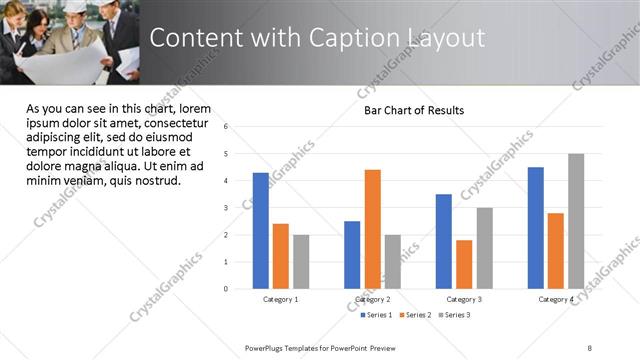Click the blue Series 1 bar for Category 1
pos(260,230)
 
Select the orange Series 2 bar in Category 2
pos(372,229)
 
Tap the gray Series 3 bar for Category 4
pos(576,221)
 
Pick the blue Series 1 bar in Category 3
pos(444,241)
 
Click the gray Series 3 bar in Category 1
pos(301,262)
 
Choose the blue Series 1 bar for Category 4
pos(536,228)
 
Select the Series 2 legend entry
pos(415,315)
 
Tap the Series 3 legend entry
pos(455,315)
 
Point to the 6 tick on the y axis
pos(226,127)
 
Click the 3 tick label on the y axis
pos(226,208)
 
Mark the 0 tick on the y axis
pos(226,289)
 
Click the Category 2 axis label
pos(372,299)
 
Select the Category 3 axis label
pos(464,299)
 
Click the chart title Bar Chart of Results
pos(413,110)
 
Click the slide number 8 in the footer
pos(589,347)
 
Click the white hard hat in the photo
pos(75,6)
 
